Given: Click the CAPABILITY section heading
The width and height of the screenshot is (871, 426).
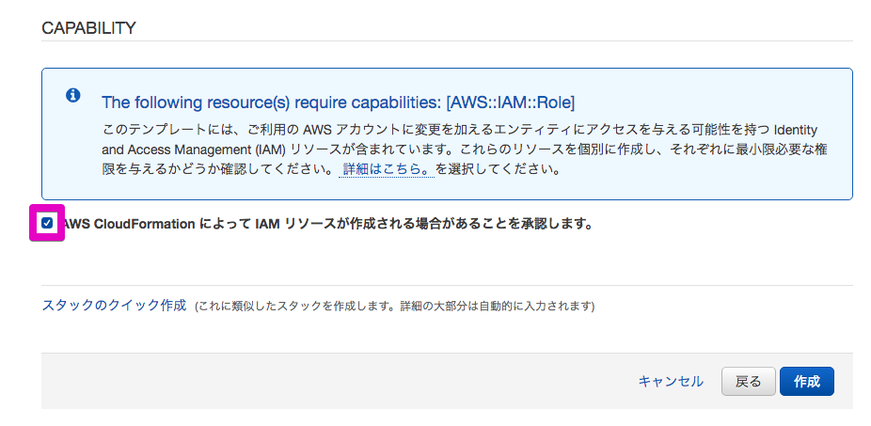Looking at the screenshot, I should pyautogui.click(x=89, y=28).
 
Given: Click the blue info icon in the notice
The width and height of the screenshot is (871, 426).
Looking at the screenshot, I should pyautogui.click(x=73, y=97).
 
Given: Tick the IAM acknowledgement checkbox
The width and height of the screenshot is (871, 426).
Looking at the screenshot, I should pyautogui.click(x=47, y=224).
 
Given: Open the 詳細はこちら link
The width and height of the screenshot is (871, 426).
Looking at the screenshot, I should pyautogui.click(x=386, y=170).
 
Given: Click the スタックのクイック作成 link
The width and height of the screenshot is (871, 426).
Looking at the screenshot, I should pyautogui.click(x=114, y=306).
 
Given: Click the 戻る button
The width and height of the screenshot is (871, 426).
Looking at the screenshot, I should pyautogui.click(x=748, y=381).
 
